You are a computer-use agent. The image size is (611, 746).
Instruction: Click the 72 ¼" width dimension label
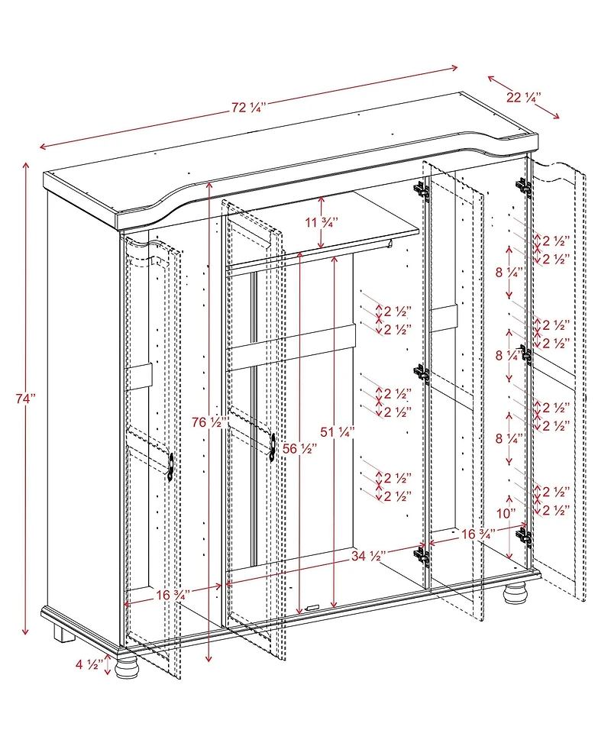pos(248,108)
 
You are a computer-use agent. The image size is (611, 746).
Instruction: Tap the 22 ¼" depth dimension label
pos(523,98)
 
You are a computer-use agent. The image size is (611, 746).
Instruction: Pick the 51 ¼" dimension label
pos(338,432)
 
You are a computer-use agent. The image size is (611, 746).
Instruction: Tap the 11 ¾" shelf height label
pos(322,222)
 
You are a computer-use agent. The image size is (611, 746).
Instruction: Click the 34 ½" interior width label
pos(368,555)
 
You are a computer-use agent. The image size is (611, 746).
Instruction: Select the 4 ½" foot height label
pos(89,664)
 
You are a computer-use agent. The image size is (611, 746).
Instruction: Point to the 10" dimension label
pos(506,514)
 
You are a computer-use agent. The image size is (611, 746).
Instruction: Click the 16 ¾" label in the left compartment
pos(173,595)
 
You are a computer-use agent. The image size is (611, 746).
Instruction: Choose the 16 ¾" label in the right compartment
pos(478,534)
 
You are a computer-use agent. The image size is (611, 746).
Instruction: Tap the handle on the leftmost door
pos(170,465)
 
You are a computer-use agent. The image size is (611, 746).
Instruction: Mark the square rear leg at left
pos(63,635)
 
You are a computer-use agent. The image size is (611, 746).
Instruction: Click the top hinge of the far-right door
pos(524,186)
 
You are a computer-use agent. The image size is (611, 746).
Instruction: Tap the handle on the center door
pos(272,447)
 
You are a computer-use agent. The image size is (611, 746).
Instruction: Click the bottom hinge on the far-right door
pos(524,536)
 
